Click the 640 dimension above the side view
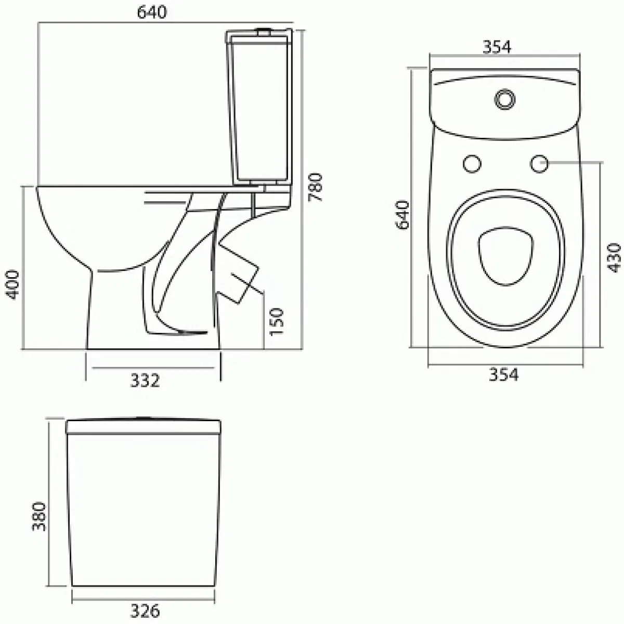151,12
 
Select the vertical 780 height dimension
315,187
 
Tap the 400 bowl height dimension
13,285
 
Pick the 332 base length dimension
145,381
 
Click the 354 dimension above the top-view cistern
497,47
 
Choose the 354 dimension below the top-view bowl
503,374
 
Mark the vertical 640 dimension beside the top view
403,215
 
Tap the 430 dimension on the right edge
614,258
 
